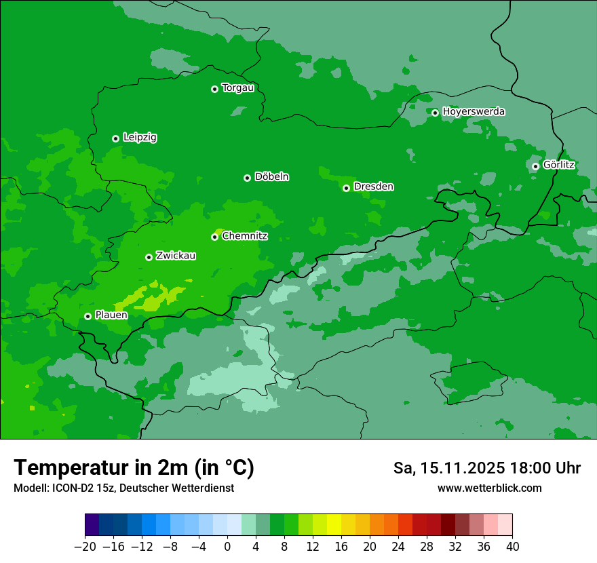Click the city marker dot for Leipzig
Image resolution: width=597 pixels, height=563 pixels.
pos(115,138)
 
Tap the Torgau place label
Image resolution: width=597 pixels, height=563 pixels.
pos(237,88)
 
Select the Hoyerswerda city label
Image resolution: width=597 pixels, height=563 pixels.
pos(474,111)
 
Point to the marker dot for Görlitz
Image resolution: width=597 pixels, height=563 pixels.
pos(535,166)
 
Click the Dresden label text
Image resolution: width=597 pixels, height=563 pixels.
pos(374,187)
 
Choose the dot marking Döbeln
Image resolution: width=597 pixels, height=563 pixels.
pos(247,178)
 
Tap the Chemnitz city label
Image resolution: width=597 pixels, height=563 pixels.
pos(245,236)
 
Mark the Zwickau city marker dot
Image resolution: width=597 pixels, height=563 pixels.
pos(149,257)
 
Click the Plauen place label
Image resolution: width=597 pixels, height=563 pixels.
pos(111,315)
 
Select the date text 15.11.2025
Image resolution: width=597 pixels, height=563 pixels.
pos(461,468)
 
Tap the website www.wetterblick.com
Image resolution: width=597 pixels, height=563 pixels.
pos(489,488)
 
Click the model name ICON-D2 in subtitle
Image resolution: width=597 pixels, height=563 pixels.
pos(69,488)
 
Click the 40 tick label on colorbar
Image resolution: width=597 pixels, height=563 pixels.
pos(512,546)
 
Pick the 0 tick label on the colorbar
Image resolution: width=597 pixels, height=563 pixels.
pos(227,546)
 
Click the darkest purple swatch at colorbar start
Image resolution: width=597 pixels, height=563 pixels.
pos(92,525)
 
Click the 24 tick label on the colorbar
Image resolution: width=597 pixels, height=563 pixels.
pos(398,546)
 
